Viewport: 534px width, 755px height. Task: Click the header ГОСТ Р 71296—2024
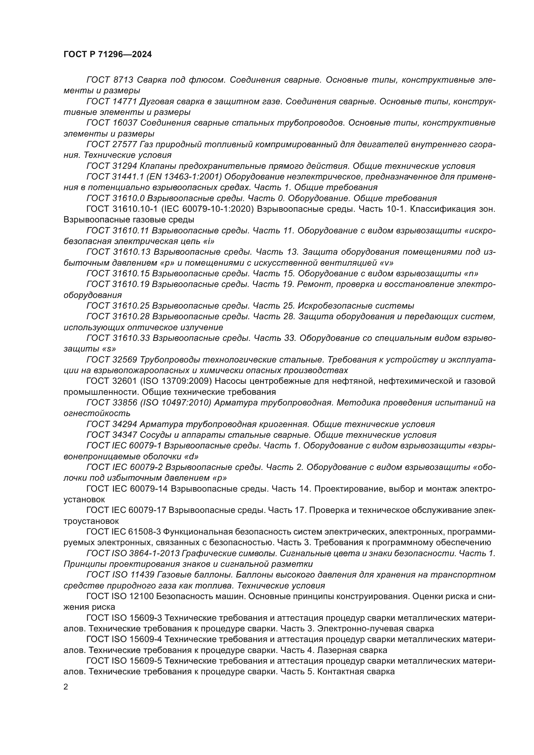point(108,55)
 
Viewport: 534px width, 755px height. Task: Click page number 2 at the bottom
point(66,687)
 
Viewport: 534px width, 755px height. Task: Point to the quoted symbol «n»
point(471,274)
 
